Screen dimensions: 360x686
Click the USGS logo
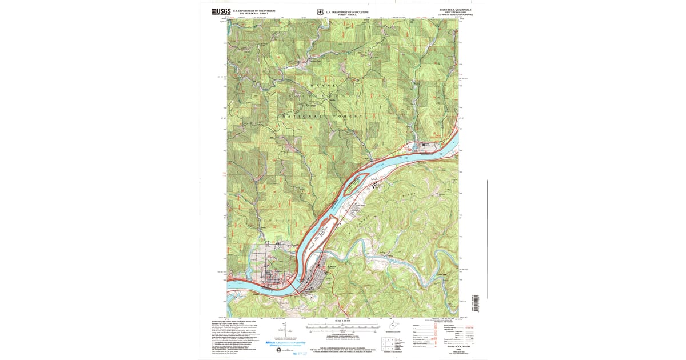coord(221,11)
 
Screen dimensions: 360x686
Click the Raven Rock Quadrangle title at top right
coord(455,10)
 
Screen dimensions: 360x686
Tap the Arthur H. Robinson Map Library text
coord(286,343)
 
